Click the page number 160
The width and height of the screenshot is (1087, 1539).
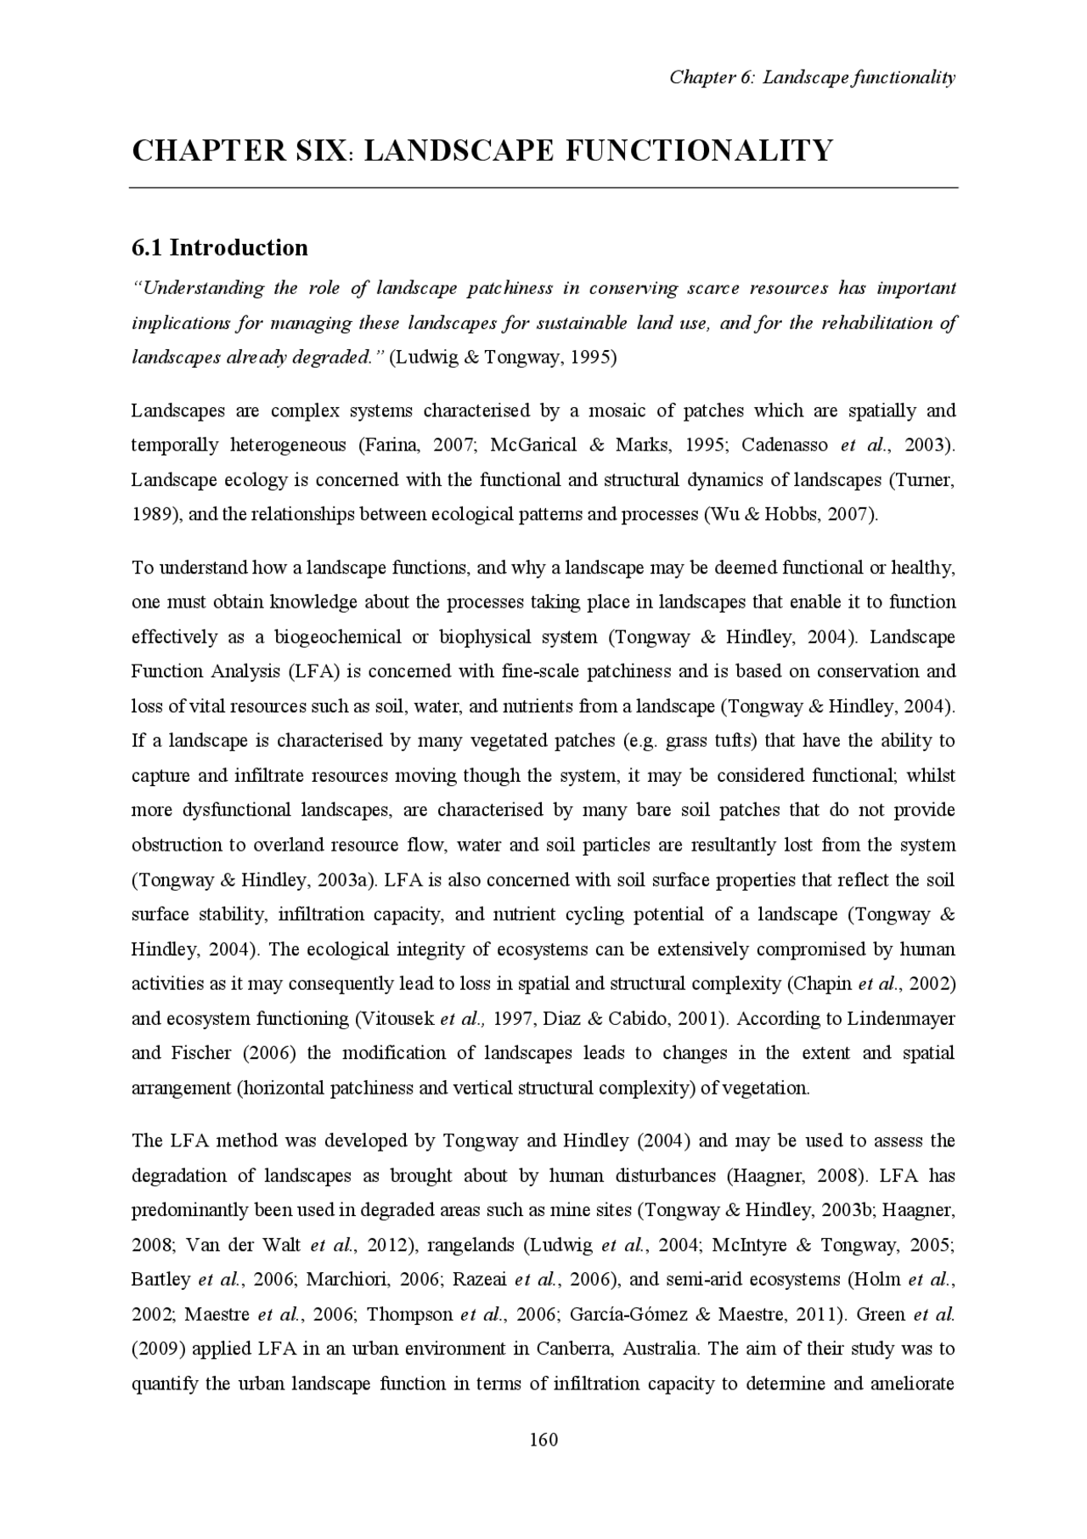point(543,1439)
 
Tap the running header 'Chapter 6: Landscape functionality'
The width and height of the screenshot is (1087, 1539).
point(812,77)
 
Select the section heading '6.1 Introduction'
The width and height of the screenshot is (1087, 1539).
point(219,247)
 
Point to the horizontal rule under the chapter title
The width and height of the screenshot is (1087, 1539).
point(543,187)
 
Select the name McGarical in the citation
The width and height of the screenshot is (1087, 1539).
point(533,444)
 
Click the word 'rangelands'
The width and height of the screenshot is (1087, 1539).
point(469,1245)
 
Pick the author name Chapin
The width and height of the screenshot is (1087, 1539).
point(823,983)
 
